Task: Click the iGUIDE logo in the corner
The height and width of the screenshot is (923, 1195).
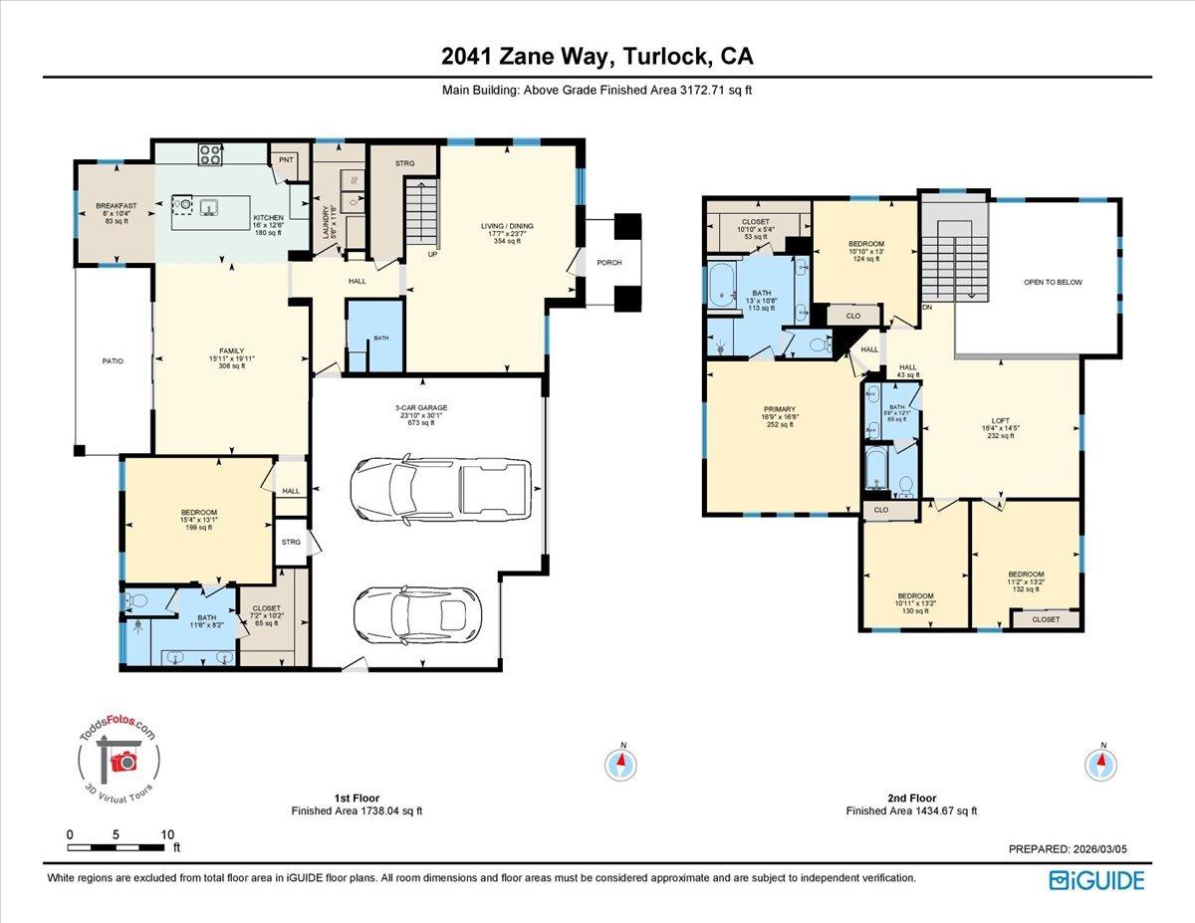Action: [1096, 880]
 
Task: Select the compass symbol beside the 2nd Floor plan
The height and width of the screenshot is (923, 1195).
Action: [1102, 764]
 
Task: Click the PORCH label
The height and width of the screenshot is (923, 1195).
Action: [609, 264]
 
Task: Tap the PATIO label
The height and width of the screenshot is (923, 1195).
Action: [113, 360]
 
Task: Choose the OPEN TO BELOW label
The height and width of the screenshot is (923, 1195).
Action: [1053, 282]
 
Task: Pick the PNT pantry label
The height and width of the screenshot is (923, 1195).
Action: [287, 159]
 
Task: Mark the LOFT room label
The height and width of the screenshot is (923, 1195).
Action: [1000, 421]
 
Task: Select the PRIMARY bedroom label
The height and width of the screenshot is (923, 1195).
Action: [780, 408]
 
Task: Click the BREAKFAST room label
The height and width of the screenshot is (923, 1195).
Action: [116, 206]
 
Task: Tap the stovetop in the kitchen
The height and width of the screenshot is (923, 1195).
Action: [210, 154]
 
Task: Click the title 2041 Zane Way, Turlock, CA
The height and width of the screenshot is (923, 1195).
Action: [597, 57]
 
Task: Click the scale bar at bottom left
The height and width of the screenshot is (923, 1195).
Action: [119, 847]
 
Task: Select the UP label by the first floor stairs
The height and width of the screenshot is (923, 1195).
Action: [433, 254]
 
